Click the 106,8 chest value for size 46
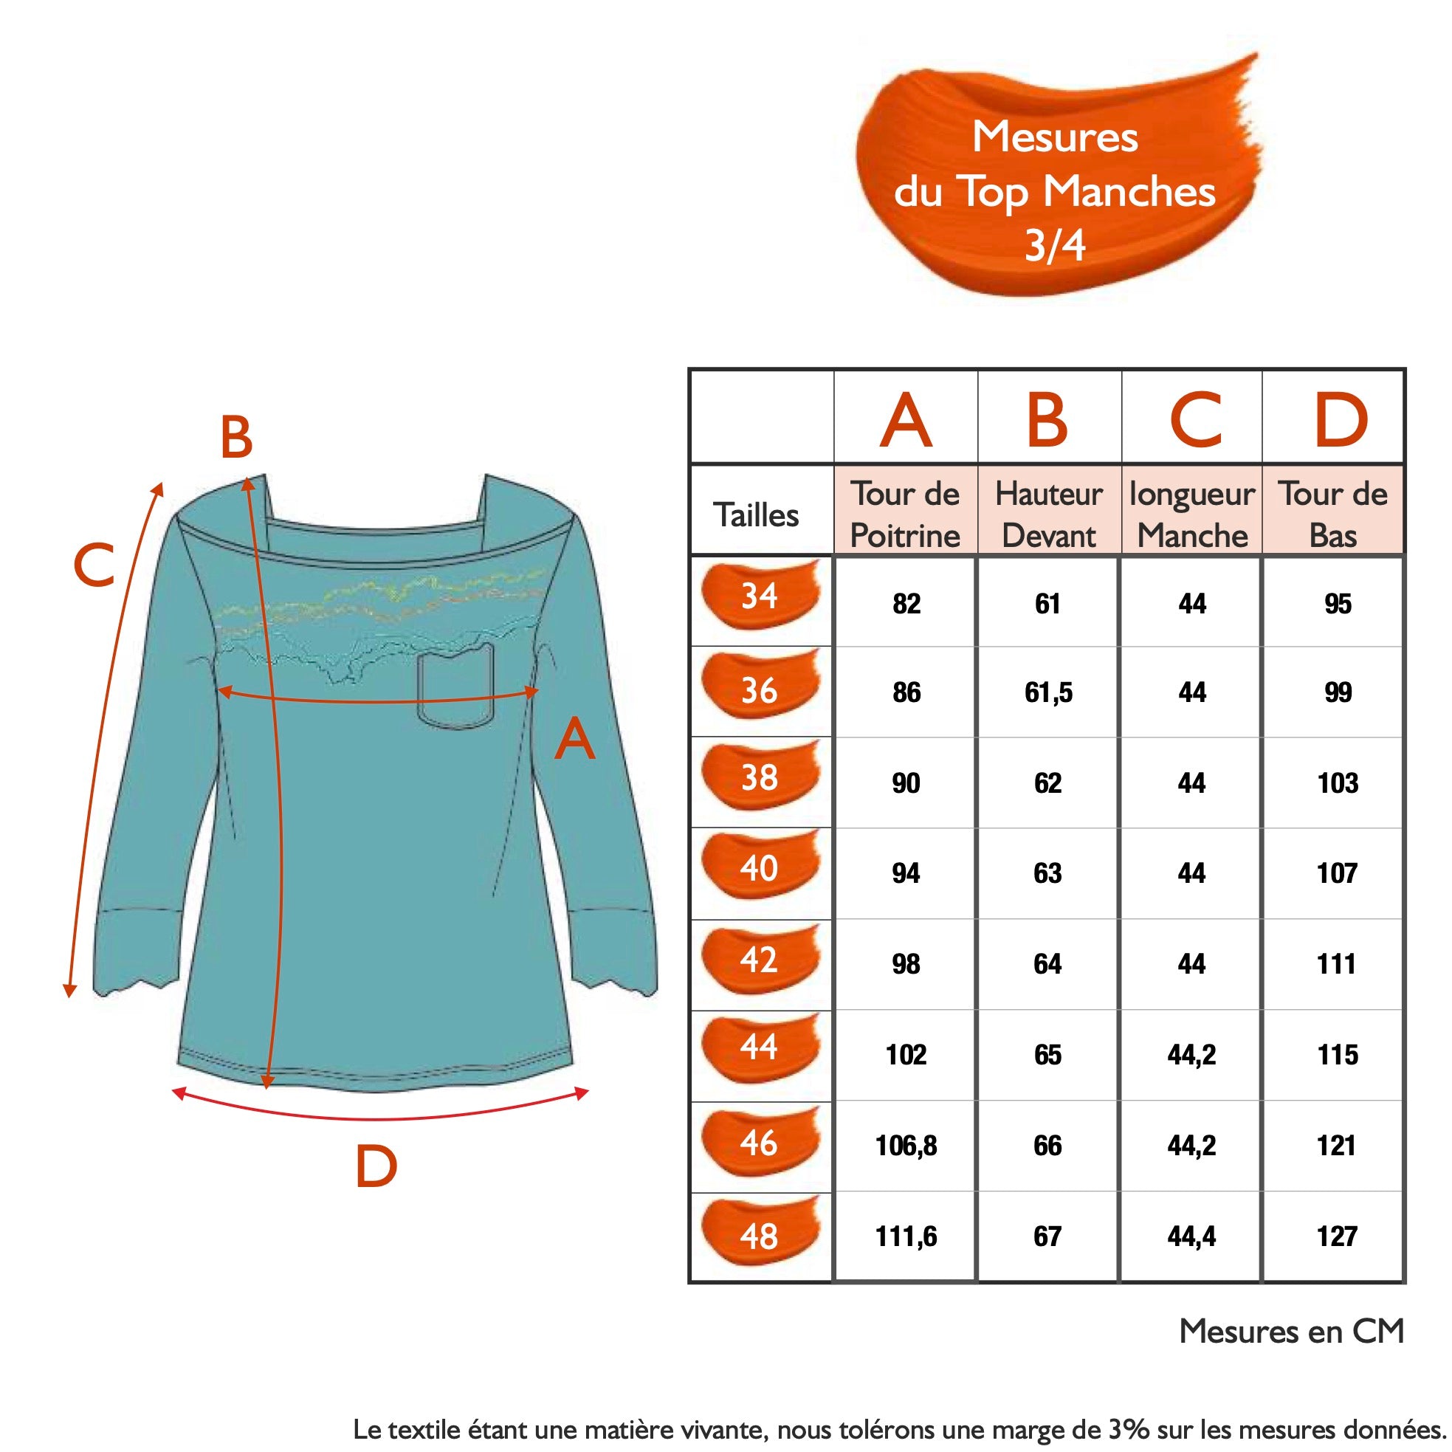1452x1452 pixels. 906,1146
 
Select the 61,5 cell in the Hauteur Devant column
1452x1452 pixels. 1047,692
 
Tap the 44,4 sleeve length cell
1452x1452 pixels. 1191,1236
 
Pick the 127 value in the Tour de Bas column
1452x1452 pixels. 1336,1236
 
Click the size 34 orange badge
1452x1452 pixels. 760,595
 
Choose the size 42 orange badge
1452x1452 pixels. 760,960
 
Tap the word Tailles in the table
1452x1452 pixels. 756,515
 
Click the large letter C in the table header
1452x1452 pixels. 1196,419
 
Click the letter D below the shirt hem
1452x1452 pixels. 376,1166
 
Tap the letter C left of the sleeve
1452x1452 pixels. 94,565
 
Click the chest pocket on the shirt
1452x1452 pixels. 455,688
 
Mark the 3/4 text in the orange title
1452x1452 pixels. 1055,244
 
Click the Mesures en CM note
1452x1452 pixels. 1291,1331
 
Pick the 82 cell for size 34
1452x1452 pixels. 906,604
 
